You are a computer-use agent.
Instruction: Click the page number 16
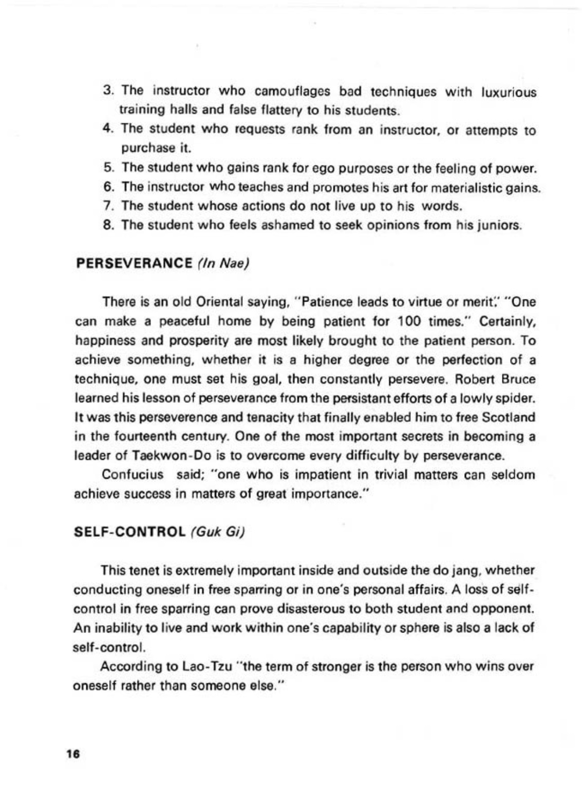(x=71, y=754)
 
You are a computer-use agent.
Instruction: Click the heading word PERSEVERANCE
(x=134, y=264)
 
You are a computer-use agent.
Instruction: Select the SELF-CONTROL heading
(x=129, y=531)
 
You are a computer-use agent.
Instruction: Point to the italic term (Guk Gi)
(x=216, y=531)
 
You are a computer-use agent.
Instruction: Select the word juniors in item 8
(x=501, y=225)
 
